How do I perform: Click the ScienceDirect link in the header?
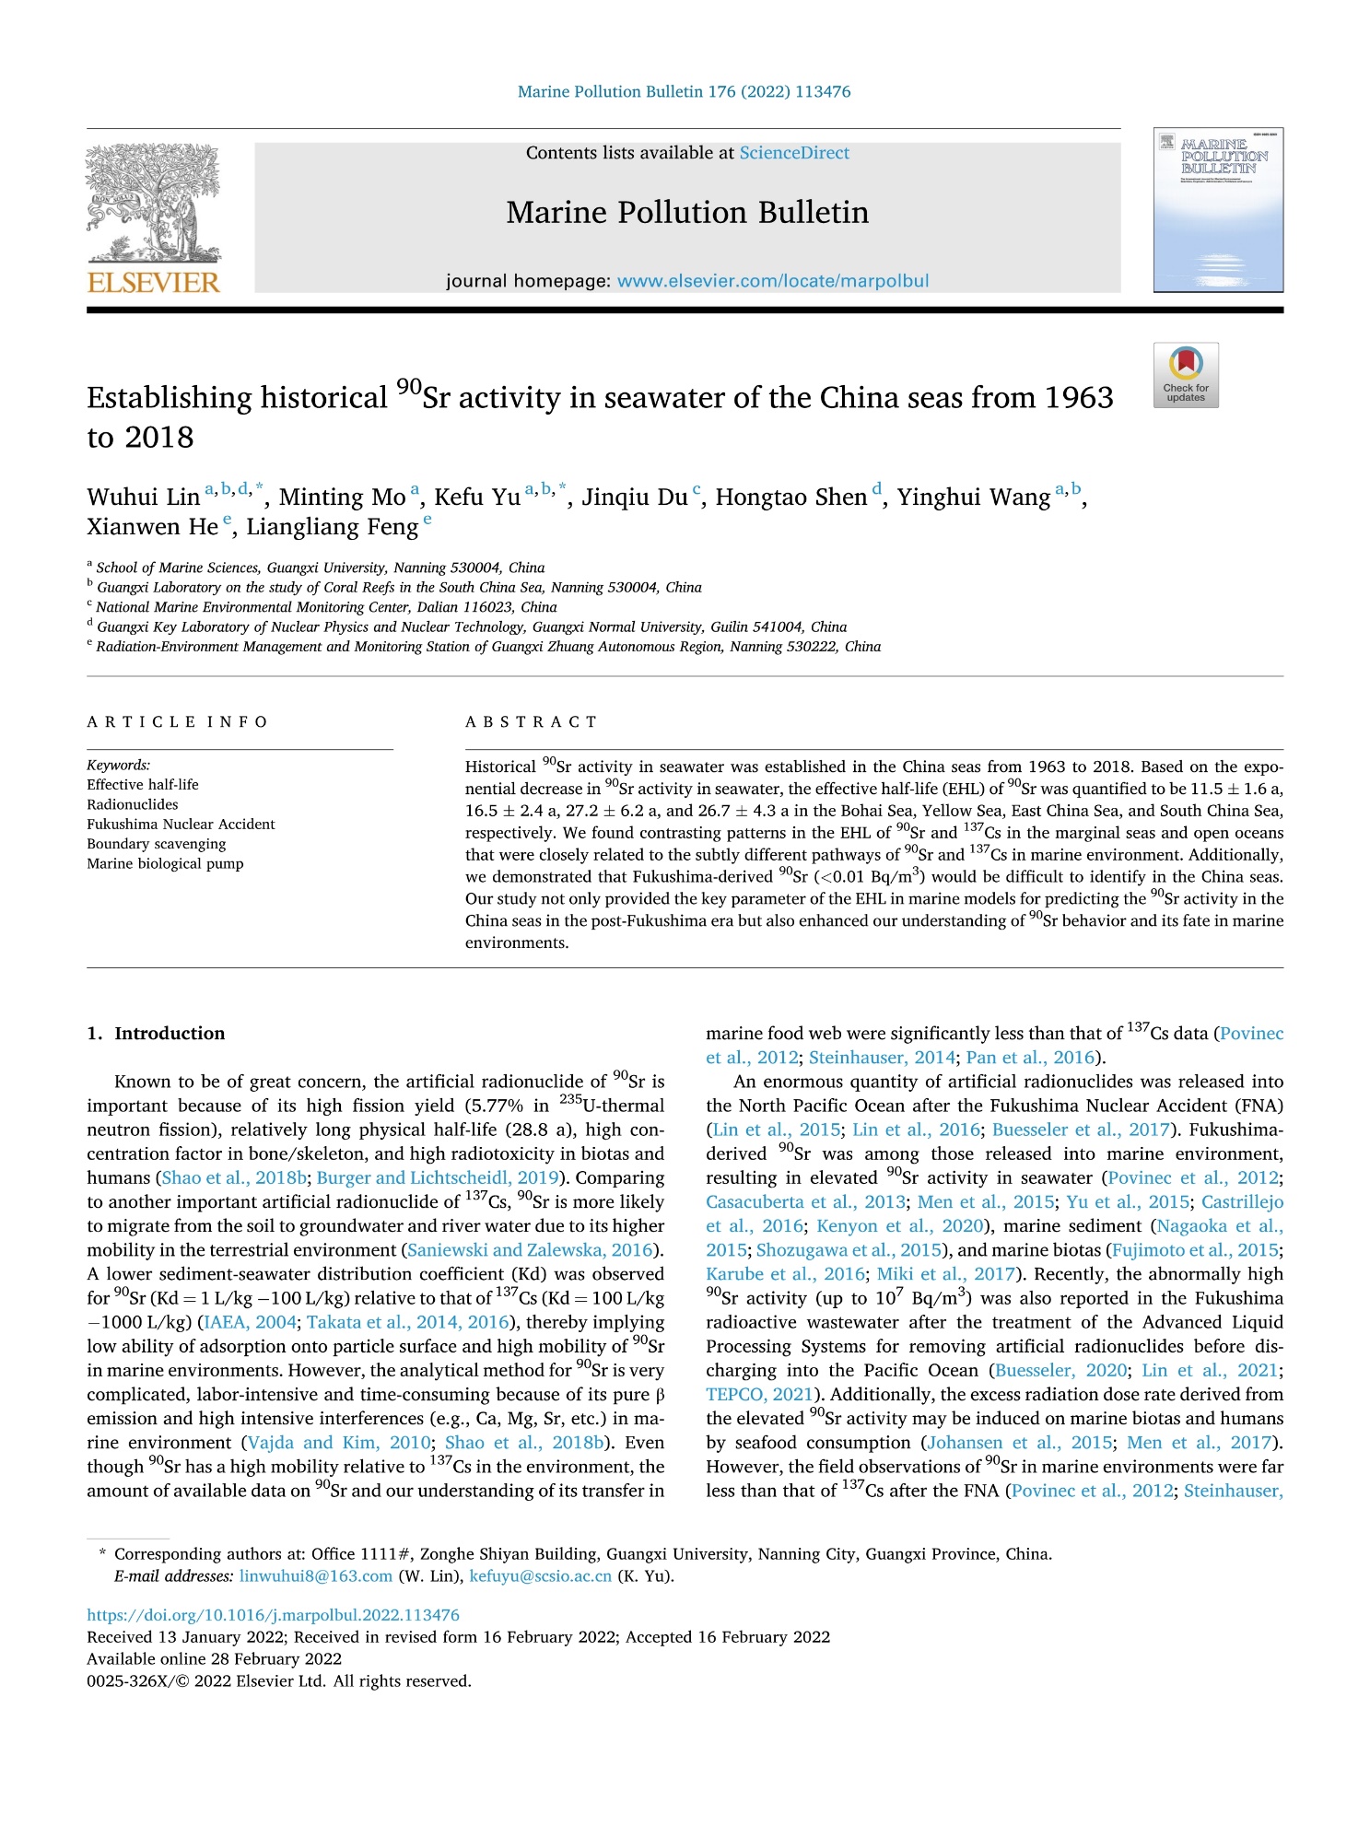[x=794, y=153]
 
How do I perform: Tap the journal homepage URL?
[x=772, y=281]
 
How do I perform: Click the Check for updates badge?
[x=1185, y=374]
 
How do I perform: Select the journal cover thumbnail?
[x=1217, y=210]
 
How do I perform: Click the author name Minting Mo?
[x=342, y=497]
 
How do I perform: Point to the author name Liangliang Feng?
[x=332, y=527]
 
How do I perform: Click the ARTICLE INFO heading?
[x=177, y=722]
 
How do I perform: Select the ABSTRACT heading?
[x=531, y=722]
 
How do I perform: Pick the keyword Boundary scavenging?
[x=156, y=844]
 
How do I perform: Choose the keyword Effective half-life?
[x=143, y=785]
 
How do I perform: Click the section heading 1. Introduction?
[x=156, y=1034]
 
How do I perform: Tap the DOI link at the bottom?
[x=273, y=1615]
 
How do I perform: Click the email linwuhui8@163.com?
[x=316, y=1576]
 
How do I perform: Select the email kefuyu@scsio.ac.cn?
[x=540, y=1576]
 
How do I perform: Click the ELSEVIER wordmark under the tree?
[x=153, y=282]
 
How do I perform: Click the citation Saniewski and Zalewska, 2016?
[x=531, y=1250]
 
